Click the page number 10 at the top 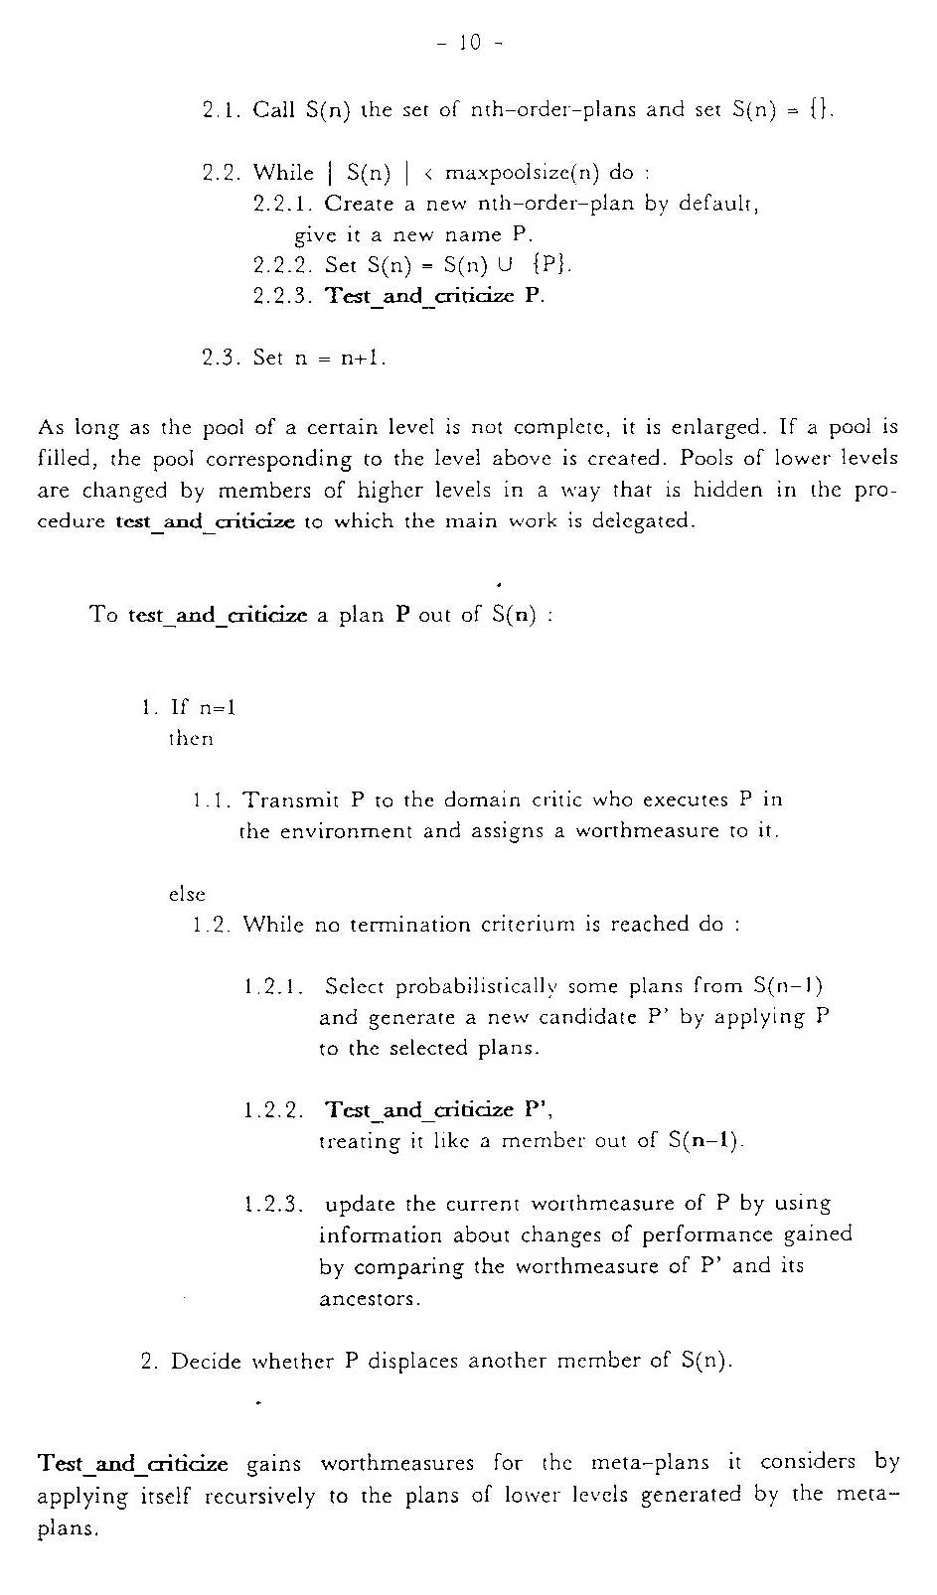(469, 43)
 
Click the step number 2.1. (222, 109)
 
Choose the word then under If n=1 (190, 739)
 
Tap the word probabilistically (476, 987)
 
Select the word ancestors (370, 1299)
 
